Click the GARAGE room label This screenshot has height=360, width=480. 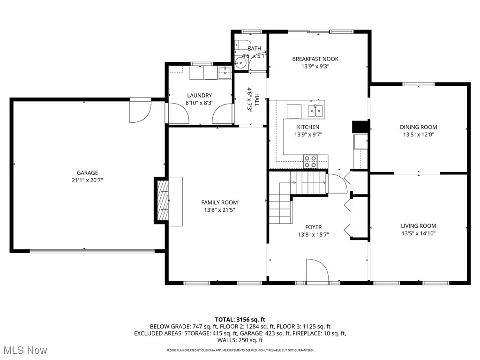87,172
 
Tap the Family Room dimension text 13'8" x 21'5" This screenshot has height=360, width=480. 219,210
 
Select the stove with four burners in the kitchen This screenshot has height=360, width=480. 310,161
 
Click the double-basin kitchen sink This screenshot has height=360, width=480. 315,111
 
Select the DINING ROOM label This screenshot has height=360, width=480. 418,127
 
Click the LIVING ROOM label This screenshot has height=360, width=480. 418,225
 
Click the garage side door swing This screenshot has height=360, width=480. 140,111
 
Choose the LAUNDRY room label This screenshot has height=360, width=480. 199,95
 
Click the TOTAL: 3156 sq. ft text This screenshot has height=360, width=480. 240,319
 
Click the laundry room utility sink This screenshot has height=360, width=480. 225,73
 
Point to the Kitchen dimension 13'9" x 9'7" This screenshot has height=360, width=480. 308,135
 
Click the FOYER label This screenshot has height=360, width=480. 313,227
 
